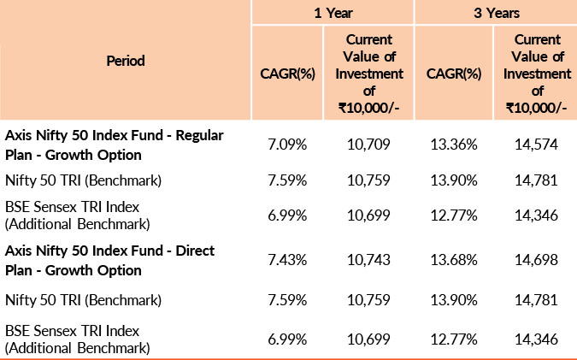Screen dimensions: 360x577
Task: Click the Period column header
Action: click(126, 61)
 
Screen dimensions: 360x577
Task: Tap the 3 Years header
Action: click(496, 13)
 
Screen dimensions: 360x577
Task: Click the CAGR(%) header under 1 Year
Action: click(287, 74)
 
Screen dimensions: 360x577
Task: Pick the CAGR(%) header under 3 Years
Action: click(453, 74)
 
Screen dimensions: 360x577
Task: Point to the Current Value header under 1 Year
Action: click(370, 74)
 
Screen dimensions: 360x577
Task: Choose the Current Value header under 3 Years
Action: click(538, 74)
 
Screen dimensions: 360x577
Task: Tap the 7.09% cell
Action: click(287, 145)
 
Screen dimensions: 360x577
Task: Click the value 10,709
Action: click(370, 145)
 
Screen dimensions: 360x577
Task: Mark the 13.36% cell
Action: click(453, 145)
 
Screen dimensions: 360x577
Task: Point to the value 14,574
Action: click(538, 145)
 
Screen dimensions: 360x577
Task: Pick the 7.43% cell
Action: click(287, 260)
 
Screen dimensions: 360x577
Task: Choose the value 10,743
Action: click(370, 260)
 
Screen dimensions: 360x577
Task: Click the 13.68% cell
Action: click(453, 260)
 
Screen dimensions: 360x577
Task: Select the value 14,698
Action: click(538, 260)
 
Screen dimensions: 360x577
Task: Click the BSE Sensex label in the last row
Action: click(79, 339)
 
